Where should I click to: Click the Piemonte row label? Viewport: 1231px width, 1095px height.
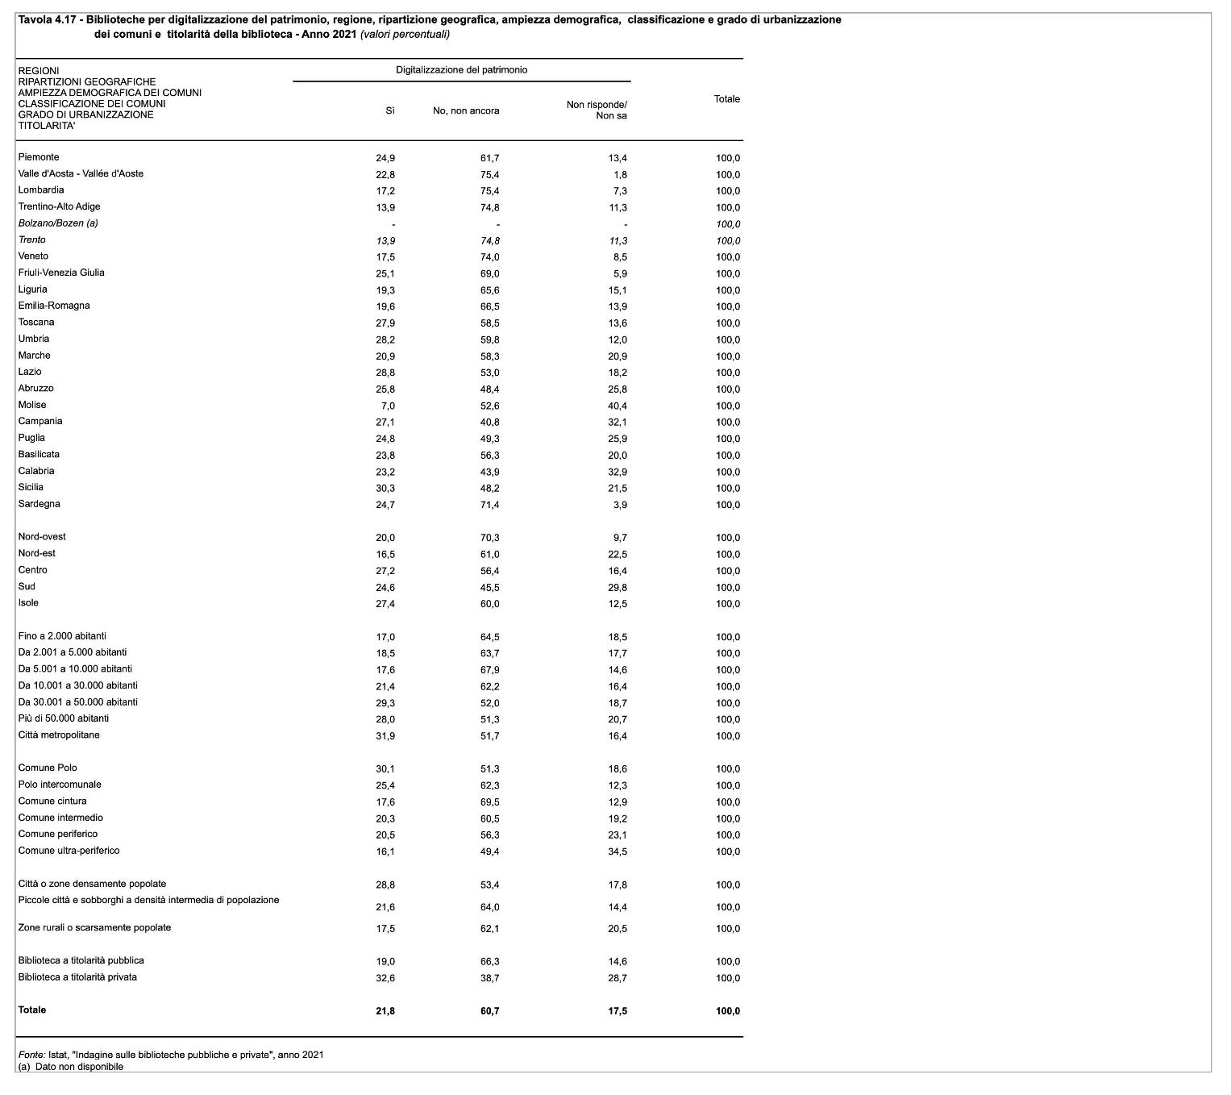click(39, 157)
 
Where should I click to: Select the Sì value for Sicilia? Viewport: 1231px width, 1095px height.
click(385, 489)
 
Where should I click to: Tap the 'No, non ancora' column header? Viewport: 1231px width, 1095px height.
click(466, 110)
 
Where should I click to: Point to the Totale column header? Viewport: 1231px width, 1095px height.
click(726, 99)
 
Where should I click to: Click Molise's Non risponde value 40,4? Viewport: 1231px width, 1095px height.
click(618, 406)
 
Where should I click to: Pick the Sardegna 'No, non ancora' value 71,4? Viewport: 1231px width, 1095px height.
click(489, 505)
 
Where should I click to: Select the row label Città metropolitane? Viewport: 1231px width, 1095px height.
click(59, 735)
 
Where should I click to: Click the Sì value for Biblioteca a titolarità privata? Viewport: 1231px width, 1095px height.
click(385, 978)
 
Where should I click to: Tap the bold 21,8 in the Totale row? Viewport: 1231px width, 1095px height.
click(385, 1011)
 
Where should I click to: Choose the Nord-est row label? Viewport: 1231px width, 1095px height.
click(37, 554)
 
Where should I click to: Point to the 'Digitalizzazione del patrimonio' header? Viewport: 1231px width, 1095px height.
click(461, 70)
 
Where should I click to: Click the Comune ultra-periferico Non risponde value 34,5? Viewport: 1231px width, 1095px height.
click(618, 851)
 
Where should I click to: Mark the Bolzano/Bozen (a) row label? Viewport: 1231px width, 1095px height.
click(58, 223)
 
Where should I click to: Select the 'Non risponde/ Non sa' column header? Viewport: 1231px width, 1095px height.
click(597, 110)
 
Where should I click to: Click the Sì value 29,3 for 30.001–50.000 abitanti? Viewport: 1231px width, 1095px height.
click(385, 703)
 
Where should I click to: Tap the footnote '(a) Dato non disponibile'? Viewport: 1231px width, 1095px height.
click(71, 1066)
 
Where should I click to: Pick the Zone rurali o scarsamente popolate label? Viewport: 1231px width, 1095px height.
click(94, 928)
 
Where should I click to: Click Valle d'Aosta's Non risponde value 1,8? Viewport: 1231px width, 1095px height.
click(620, 175)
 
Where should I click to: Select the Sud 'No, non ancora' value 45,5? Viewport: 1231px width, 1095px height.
click(489, 588)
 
